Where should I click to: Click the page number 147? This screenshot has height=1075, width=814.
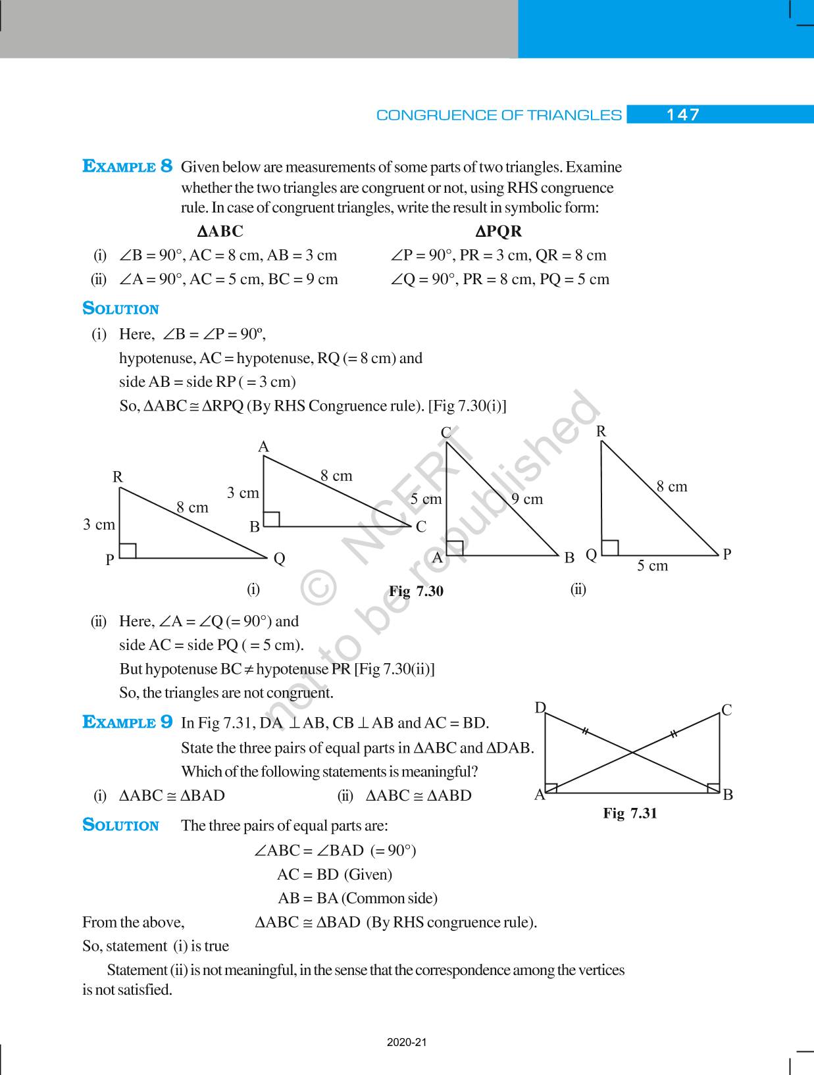682,115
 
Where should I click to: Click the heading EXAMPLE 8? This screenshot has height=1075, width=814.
128,166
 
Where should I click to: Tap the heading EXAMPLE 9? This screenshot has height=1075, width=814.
128,722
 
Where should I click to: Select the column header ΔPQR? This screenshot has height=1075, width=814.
498,232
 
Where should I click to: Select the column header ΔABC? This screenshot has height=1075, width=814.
220,232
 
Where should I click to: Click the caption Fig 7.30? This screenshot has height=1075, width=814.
416,591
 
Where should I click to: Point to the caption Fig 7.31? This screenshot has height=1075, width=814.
630,813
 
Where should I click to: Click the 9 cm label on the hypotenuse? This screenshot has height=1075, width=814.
527,499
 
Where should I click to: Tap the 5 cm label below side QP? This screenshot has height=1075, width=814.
652,566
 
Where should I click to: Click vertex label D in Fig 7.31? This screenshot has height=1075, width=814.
540,708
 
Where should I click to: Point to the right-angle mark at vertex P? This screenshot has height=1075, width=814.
128,551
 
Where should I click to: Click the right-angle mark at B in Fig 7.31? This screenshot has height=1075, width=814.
713,787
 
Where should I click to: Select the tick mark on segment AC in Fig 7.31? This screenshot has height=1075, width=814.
673,734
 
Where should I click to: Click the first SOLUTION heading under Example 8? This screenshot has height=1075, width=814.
120,309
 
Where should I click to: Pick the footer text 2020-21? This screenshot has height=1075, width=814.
407,1042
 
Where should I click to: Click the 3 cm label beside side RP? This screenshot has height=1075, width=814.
99,524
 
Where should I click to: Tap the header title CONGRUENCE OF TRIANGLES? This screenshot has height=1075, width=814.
498,115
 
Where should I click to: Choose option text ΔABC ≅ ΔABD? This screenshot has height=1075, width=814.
419,795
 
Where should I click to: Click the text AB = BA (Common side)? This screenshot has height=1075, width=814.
357,898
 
